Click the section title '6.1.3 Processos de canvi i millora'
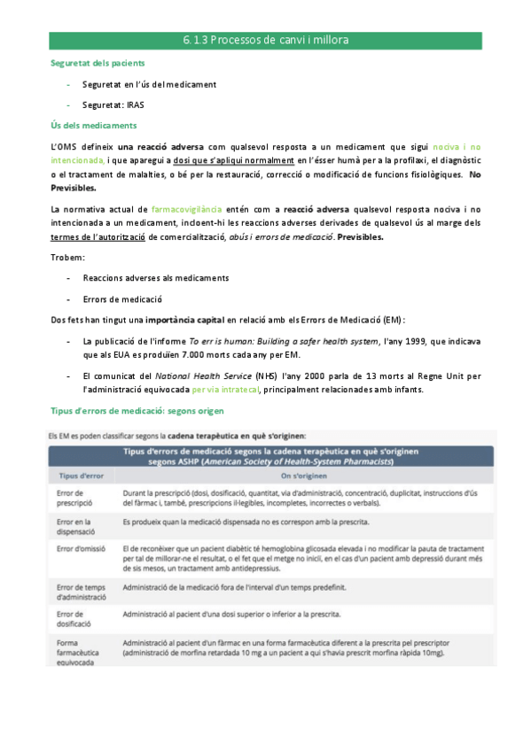[x=265, y=41]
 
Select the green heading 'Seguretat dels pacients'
[x=98, y=65]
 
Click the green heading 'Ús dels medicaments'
[x=93, y=125]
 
